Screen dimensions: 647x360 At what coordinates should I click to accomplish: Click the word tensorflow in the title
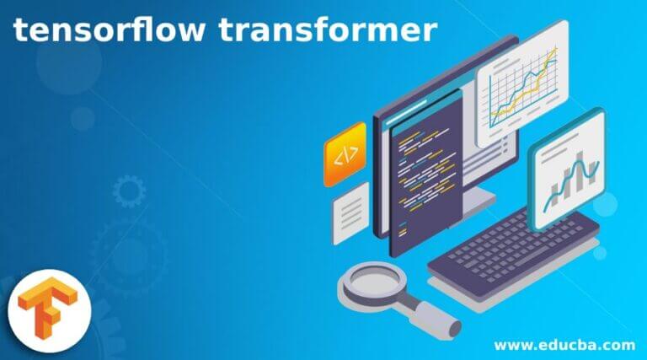(x=109, y=30)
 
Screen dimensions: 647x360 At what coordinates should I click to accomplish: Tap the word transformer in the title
(x=328, y=30)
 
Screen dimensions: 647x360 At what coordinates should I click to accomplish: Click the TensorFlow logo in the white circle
(x=48, y=309)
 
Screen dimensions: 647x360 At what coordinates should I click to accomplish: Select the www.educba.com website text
(x=564, y=345)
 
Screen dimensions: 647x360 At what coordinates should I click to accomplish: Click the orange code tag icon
(x=345, y=154)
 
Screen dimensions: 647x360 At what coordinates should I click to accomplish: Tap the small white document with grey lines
(x=351, y=213)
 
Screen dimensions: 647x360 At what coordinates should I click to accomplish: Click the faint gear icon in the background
(x=129, y=191)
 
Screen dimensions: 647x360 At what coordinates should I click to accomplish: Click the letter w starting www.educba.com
(x=500, y=346)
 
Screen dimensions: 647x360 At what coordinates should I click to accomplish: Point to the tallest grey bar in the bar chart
(x=580, y=172)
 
